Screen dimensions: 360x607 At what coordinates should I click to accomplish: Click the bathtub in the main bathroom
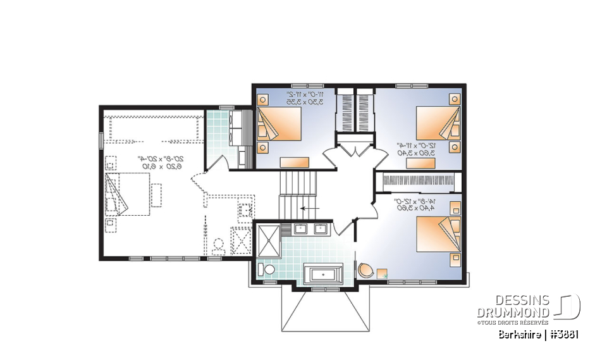323,275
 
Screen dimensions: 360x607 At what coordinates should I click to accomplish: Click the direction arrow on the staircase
309,207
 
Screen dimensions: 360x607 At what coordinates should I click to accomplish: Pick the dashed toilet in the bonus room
219,245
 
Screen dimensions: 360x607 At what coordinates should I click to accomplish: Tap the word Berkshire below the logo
518,333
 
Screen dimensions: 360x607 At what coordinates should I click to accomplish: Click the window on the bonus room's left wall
100,140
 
